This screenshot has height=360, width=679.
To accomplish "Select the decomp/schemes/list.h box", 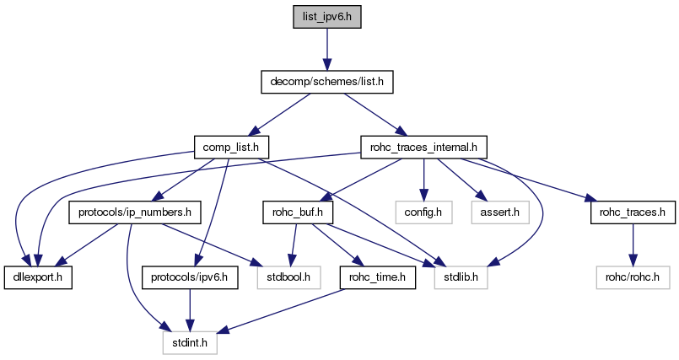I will (x=325, y=83).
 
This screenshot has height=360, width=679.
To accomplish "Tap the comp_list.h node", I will (x=230, y=148).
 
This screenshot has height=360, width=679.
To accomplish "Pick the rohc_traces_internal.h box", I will (x=424, y=148).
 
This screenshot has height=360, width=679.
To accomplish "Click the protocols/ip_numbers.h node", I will (x=135, y=212).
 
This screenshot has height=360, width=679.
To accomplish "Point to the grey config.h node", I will (x=423, y=212).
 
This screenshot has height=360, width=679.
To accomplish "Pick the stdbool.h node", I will (x=288, y=277).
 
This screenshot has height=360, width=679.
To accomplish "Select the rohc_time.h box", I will (x=377, y=277).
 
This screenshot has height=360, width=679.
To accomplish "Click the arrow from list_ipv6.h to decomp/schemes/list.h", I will (x=325, y=50).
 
